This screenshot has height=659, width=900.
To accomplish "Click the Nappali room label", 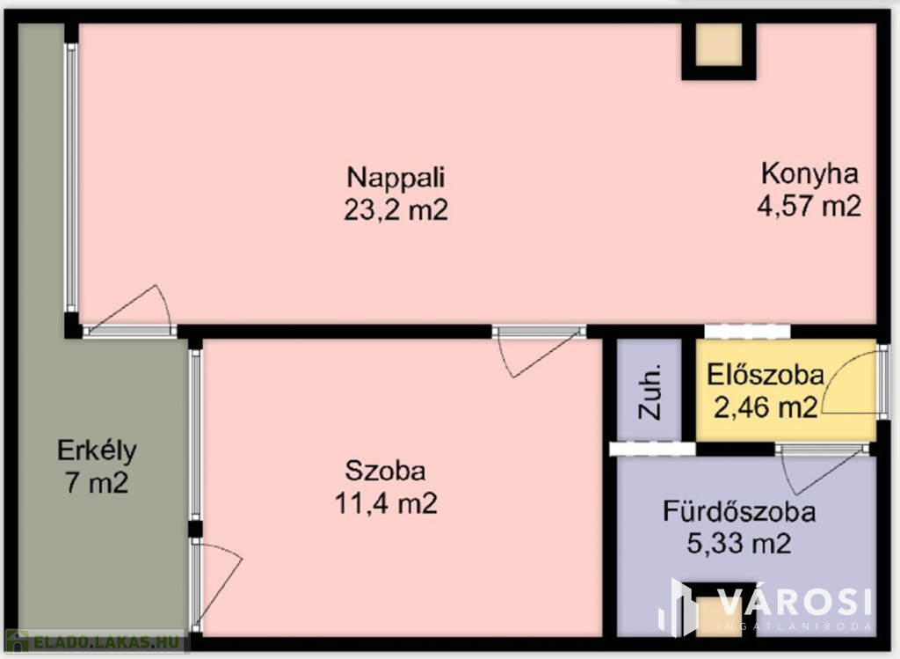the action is pos(396,177).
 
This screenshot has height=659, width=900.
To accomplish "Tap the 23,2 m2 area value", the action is pos(396,209).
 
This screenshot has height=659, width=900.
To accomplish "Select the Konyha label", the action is pos(809,173).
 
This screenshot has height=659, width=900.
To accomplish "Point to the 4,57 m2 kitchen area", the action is pos(809,206).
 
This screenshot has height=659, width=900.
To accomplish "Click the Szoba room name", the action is pos(385,471).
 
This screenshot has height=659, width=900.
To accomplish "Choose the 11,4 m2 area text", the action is pos(386,503).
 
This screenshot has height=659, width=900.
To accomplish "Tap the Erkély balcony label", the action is pos(97,450).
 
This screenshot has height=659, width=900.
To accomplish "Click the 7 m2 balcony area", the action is pos(97,482).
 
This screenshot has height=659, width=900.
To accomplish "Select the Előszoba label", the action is pos(766,375).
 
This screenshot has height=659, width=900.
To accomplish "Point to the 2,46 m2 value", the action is pos(766,407).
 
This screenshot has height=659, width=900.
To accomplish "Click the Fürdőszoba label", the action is pos(738,511).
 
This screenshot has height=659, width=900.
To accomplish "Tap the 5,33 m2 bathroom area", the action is pos(738,543).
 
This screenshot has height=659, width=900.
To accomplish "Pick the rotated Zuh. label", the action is pos(650,391).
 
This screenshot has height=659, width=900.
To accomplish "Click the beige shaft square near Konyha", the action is pos(719,45).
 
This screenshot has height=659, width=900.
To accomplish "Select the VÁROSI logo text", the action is pos(795,602).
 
